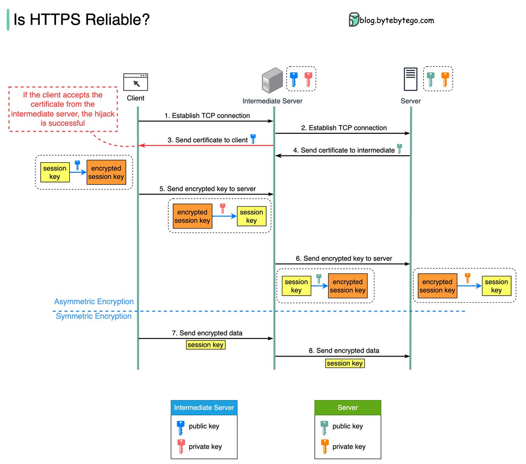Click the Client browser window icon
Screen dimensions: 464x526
click(135, 82)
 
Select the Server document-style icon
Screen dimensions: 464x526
click(410, 79)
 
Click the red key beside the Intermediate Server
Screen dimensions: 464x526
click(308, 79)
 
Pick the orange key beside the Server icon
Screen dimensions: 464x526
click(445, 79)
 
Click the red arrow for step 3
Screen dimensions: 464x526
click(206, 146)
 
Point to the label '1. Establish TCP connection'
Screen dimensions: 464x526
click(207, 116)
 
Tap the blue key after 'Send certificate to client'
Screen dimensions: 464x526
click(253, 139)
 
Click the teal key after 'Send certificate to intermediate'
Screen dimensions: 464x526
click(399, 149)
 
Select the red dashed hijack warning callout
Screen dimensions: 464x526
click(63, 109)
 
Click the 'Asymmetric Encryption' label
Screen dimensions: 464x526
click(94, 302)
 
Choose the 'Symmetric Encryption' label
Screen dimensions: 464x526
click(93, 316)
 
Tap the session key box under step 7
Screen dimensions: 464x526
click(206, 345)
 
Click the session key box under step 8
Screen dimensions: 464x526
click(345, 363)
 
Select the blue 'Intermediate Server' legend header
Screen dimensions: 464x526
click(204, 407)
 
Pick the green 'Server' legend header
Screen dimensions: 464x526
click(348, 407)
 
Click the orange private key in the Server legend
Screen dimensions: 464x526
click(325, 446)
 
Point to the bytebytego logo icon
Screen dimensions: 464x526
click(354, 20)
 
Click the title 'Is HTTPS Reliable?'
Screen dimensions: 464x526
click(82, 20)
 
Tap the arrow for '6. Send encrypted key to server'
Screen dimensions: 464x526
click(342, 264)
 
